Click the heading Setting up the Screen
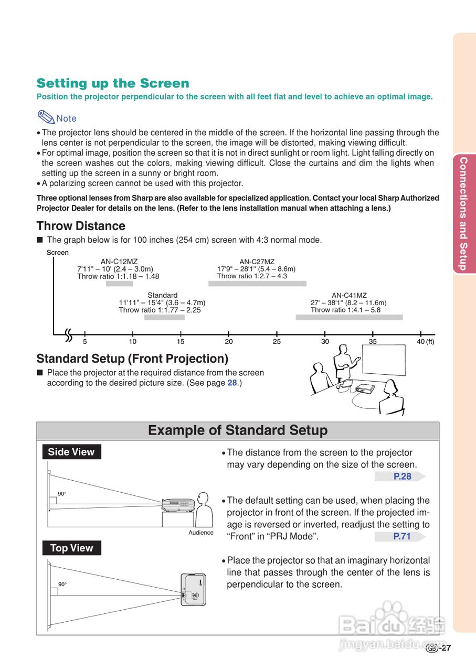tap(113, 83)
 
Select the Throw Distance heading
tap(81, 226)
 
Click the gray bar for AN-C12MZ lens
tap(119, 284)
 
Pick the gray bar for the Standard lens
tap(164, 317)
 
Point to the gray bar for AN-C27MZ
tap(257, 284)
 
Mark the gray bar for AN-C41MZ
tap(349, 317)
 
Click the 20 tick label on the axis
tap(229, 342)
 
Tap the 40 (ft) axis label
tap(425, 342)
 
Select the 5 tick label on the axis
tap(84, 342)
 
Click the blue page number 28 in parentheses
tap(232, 383)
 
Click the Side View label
tap(71, 452)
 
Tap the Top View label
tap(71, 548)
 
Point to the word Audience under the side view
tap(201, 533)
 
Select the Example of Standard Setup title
tap(238, 430)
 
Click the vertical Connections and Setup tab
tap(463, 213)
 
